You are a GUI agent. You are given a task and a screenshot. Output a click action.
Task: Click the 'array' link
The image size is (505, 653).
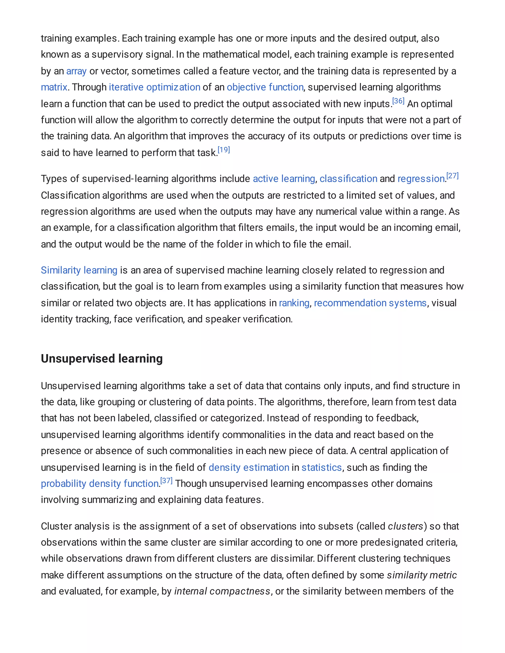(76, 71)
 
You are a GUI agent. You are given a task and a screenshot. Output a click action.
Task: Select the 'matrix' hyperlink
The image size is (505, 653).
(54, 87)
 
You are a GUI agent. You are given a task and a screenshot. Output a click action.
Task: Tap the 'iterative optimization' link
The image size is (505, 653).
(154, 87)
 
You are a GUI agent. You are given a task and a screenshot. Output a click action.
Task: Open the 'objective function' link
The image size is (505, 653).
(265, 87)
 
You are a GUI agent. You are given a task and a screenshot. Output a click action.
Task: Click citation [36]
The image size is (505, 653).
(398, 101)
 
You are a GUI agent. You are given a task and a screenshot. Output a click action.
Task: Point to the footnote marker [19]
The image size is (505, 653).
(224, 150)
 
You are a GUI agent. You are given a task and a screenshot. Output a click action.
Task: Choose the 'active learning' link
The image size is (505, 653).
(284, 179)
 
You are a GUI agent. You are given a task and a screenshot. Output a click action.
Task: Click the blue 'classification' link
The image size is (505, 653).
(348, 179)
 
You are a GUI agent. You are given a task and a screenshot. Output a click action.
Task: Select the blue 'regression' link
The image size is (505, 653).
(421, 179)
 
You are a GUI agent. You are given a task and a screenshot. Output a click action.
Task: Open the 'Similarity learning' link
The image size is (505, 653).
(79, 270)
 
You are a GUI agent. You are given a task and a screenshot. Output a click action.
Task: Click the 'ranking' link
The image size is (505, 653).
(294, 303)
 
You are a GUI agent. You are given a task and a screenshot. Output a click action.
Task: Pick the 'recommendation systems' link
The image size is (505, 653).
(370, 303)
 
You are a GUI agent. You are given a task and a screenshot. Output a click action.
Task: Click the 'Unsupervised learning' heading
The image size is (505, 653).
(102, 359)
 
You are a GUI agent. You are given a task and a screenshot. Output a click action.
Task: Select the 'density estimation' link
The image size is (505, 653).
(249, 468)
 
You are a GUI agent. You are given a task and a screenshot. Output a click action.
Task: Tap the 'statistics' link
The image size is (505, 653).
(322, 468)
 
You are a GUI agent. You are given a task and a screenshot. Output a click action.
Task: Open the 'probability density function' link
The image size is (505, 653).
(100, 484)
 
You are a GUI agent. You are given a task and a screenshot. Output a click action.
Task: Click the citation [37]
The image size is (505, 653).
(166, 481)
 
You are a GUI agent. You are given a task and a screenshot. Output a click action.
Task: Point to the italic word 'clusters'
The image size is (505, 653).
(405, 526)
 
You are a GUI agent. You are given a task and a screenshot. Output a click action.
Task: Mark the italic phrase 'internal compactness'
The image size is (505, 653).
(222, 591)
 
